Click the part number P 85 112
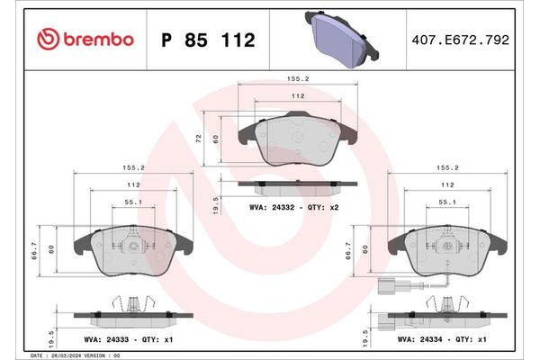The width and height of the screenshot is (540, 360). click(x=207, y=40)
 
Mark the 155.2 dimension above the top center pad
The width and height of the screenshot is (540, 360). click(x=298, y=79)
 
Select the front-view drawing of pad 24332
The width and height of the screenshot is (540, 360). click(x=298, y=140)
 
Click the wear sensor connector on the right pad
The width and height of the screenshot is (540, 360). click(x=385, y=290)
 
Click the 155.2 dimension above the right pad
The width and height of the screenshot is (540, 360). click(x=447, y=167)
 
